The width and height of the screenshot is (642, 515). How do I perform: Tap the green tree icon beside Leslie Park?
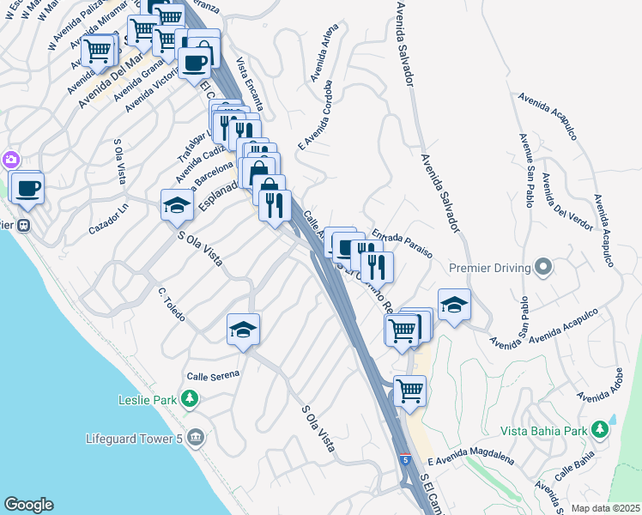(190, 400)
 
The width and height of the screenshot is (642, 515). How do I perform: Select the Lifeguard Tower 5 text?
(135, 439)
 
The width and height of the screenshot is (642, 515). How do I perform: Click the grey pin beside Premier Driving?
(542, 268)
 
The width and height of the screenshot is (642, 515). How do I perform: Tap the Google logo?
(28, 505)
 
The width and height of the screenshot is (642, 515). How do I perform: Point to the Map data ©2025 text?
(605, 508)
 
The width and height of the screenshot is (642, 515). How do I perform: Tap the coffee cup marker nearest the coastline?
(27, 188)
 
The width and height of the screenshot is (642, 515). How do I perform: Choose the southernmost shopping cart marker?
(410, 391)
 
